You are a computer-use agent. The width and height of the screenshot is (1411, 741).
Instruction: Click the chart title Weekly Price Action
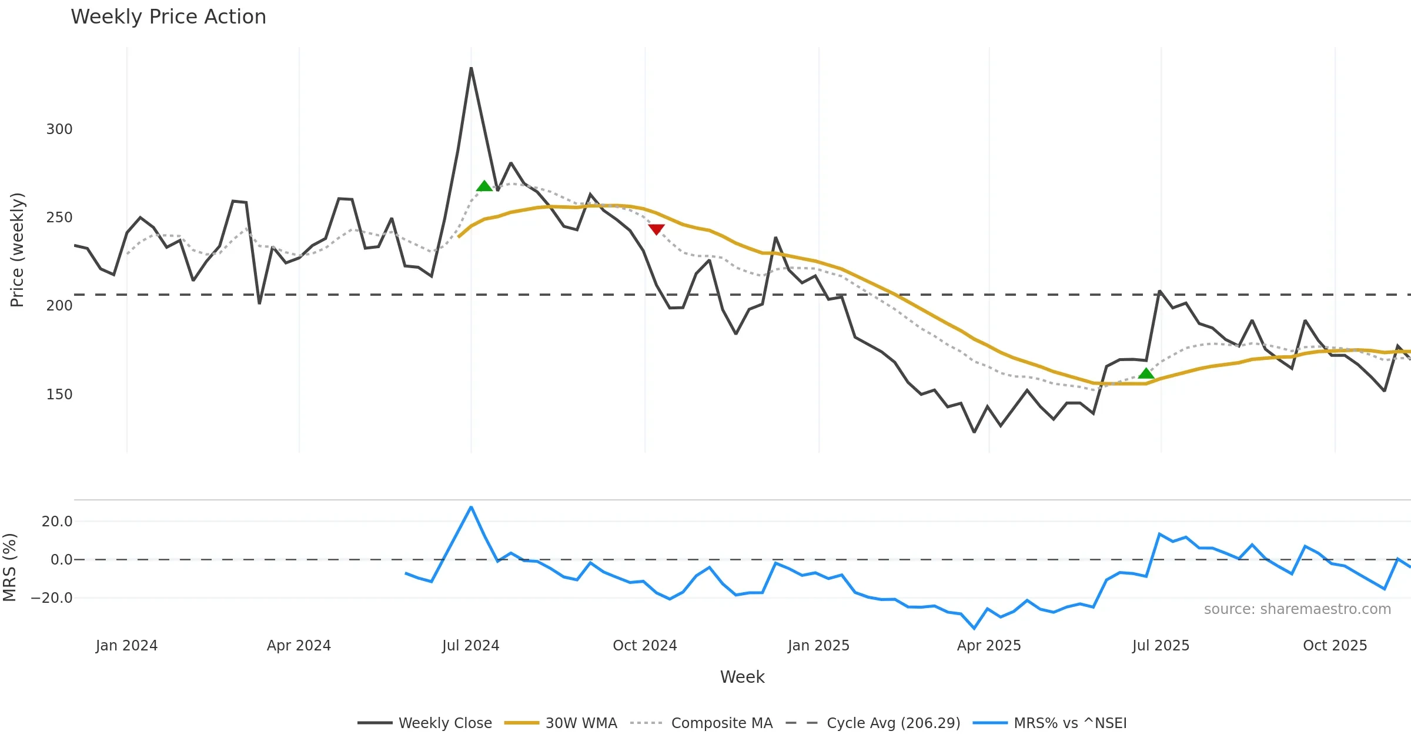pyautogui.click(x=168, y=17)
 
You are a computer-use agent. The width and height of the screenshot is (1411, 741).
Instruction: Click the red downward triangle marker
pyautogui.click(x=656, y=229)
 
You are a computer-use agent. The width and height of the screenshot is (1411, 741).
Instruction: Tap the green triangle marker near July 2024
pyautogui.click(x=484, y=186)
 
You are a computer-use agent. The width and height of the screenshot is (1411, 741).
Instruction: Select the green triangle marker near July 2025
pyautogui.click(x=1146, y=373)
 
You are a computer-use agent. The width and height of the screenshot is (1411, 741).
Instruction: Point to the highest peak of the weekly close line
pyautogui.click(x=471, y=69)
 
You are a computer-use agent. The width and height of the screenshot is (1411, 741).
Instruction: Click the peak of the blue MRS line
pyautogui.click(x=471, y=507)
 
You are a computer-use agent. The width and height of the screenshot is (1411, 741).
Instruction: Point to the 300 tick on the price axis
pyautogui.click(x=59, y=129)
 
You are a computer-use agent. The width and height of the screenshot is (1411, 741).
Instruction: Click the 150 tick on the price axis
pyautogui.click(x=59, y=395)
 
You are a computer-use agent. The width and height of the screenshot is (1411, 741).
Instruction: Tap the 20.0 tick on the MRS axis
pyautogui.click(x=57, y=522)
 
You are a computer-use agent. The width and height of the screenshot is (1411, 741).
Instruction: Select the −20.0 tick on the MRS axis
pyautogui.click(x=52, y=598)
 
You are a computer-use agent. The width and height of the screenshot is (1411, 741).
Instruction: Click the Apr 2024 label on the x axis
pyautogui.click(x=299, y=646)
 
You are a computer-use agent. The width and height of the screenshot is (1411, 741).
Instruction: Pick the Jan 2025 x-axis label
pyautogui.click(x=818, y=646)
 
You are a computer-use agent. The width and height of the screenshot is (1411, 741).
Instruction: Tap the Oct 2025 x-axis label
pyautogui.click(x=1335, y=646)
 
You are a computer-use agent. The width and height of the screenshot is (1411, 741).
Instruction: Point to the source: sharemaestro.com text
pyautogui.click(x=1297, y=609)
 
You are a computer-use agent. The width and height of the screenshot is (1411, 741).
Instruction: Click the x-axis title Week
pyautogui.click(x=742, y=677)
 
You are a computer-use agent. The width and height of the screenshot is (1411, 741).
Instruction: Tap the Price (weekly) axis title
pyautogui.click(x=17, y=250)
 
